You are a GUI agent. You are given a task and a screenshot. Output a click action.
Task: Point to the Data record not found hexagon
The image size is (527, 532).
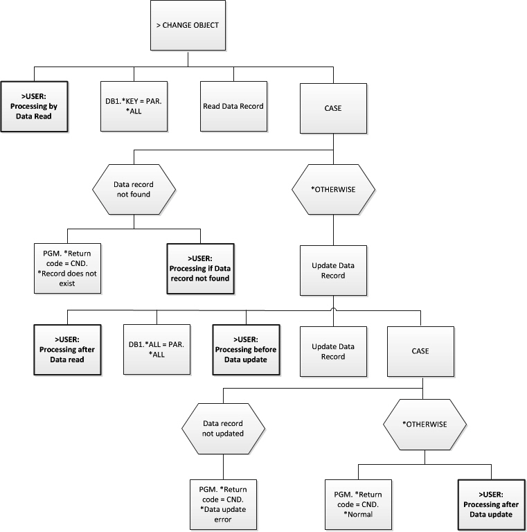pos(134,189)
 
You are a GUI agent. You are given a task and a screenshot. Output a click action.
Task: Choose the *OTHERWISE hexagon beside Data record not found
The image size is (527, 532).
pos(334,189)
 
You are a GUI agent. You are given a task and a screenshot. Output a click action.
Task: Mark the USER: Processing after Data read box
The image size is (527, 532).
pos(66,351)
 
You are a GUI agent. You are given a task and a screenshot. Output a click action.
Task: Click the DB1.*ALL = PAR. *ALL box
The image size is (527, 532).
pos(156,351)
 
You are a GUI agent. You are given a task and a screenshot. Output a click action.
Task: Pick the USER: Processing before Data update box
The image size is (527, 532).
pos(245,351)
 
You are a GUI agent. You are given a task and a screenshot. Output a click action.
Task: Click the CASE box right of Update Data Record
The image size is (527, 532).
pos(421,351)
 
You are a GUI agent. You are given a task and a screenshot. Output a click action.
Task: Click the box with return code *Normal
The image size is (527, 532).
pos(358,504)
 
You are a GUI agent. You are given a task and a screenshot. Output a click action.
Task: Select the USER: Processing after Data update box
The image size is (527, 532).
pos(491,504)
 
